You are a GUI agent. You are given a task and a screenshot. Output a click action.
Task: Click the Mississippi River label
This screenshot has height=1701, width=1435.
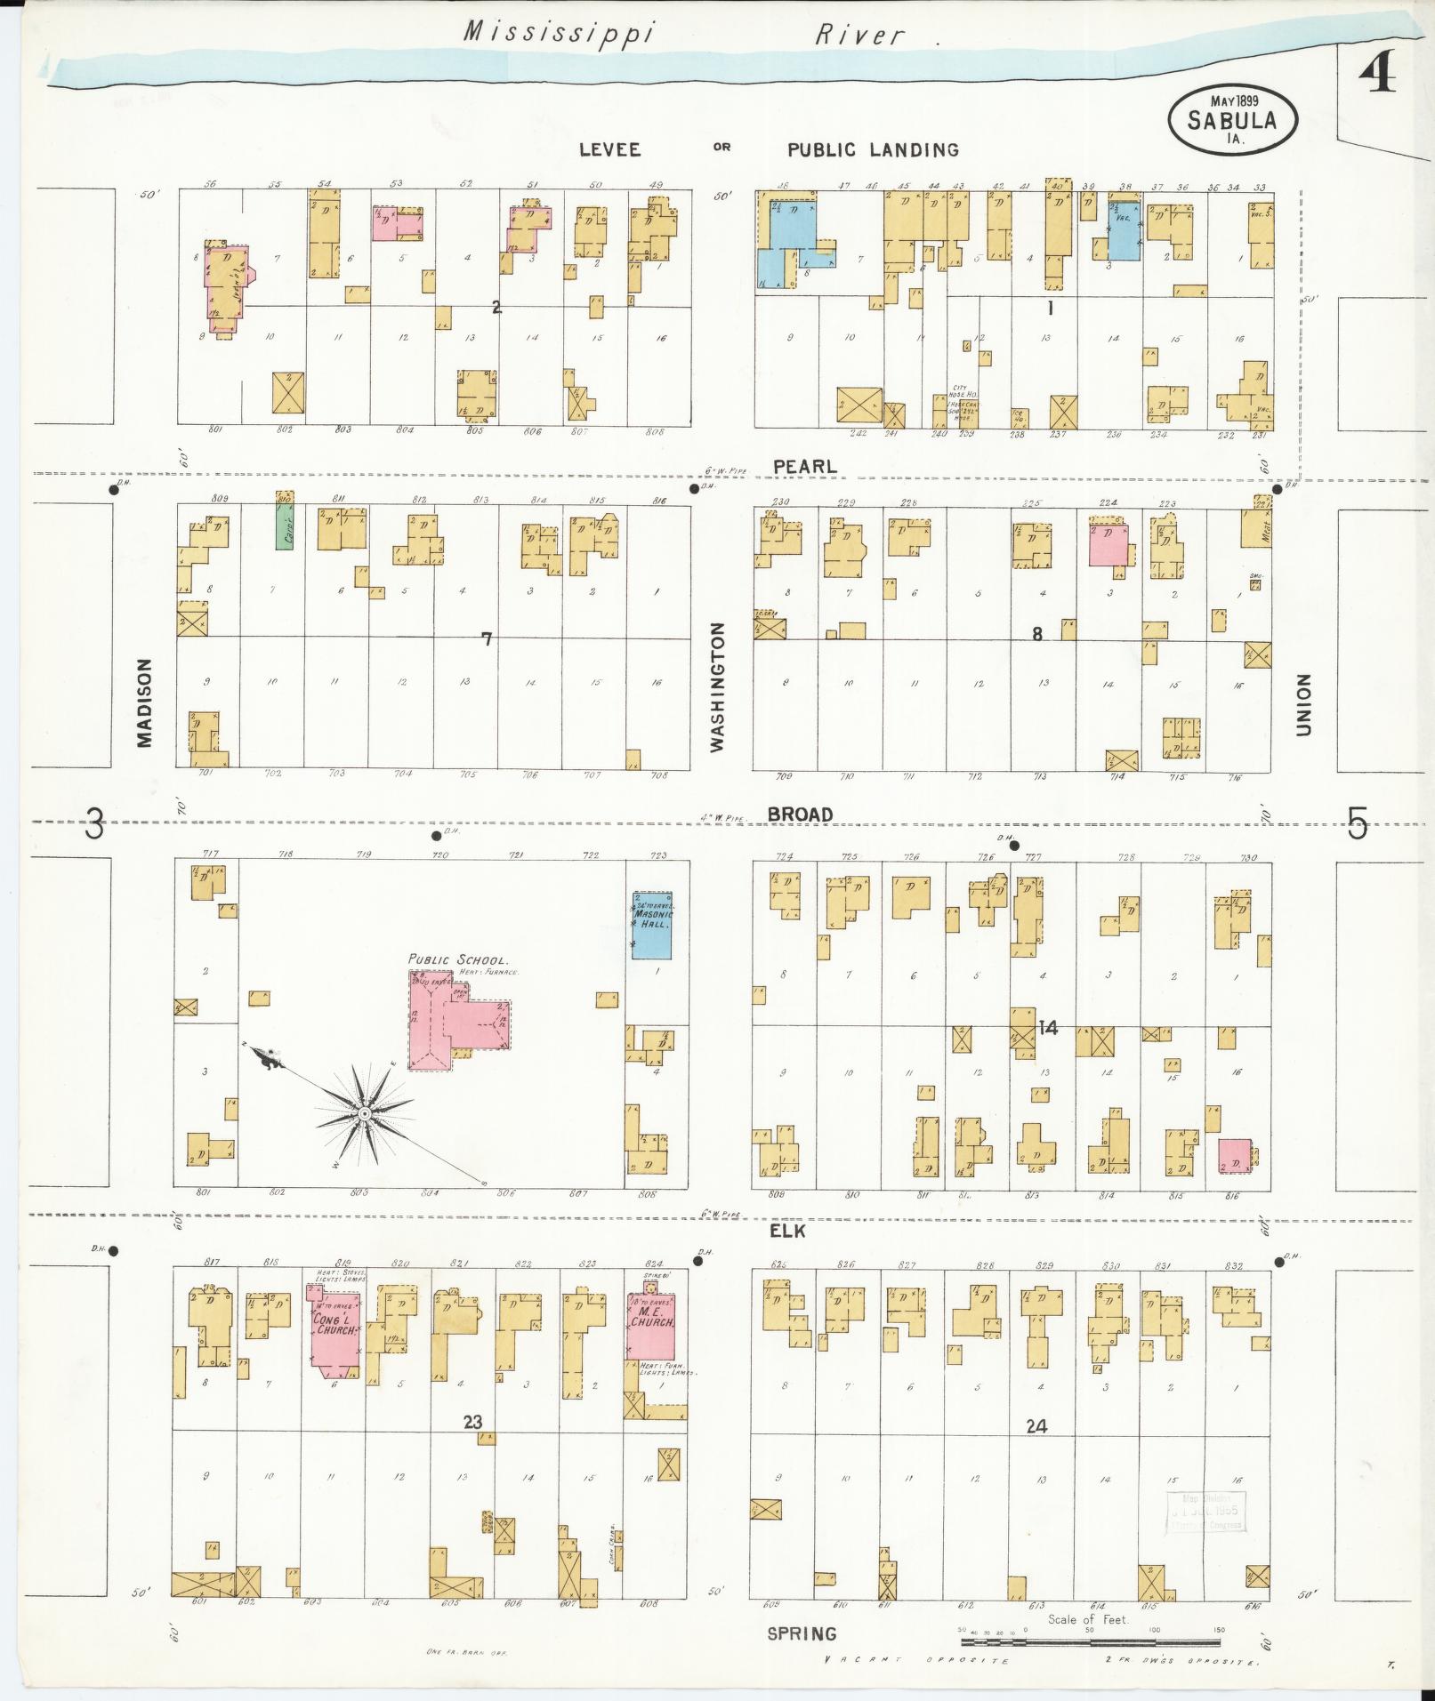685,35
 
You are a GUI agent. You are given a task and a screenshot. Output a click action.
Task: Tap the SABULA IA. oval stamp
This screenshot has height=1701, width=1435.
1231,120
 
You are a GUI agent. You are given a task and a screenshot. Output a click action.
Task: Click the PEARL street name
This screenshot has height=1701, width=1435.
804,466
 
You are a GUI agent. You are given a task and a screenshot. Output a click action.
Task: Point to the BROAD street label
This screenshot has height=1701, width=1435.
801,814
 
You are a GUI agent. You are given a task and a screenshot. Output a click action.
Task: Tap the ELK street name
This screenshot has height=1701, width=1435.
787,1231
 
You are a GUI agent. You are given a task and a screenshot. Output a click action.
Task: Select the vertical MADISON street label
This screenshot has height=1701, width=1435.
145,702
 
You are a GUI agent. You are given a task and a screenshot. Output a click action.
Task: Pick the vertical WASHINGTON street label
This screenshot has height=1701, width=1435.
718,687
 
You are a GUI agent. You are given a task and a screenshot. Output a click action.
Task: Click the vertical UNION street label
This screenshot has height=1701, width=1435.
1304,704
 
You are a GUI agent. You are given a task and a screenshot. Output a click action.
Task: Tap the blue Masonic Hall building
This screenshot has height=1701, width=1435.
652,925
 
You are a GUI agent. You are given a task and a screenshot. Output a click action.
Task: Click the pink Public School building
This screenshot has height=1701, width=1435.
456,1021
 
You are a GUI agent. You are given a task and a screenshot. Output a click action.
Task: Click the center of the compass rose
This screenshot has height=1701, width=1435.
364,1114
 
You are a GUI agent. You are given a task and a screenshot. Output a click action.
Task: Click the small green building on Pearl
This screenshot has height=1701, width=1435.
285,520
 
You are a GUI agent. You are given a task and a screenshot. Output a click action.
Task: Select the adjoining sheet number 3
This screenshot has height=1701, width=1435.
94,824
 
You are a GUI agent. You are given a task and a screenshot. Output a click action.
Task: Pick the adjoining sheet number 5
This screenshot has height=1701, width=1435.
1356,824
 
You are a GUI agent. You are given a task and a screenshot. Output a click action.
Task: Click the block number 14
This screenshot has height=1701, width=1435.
1048,1029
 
